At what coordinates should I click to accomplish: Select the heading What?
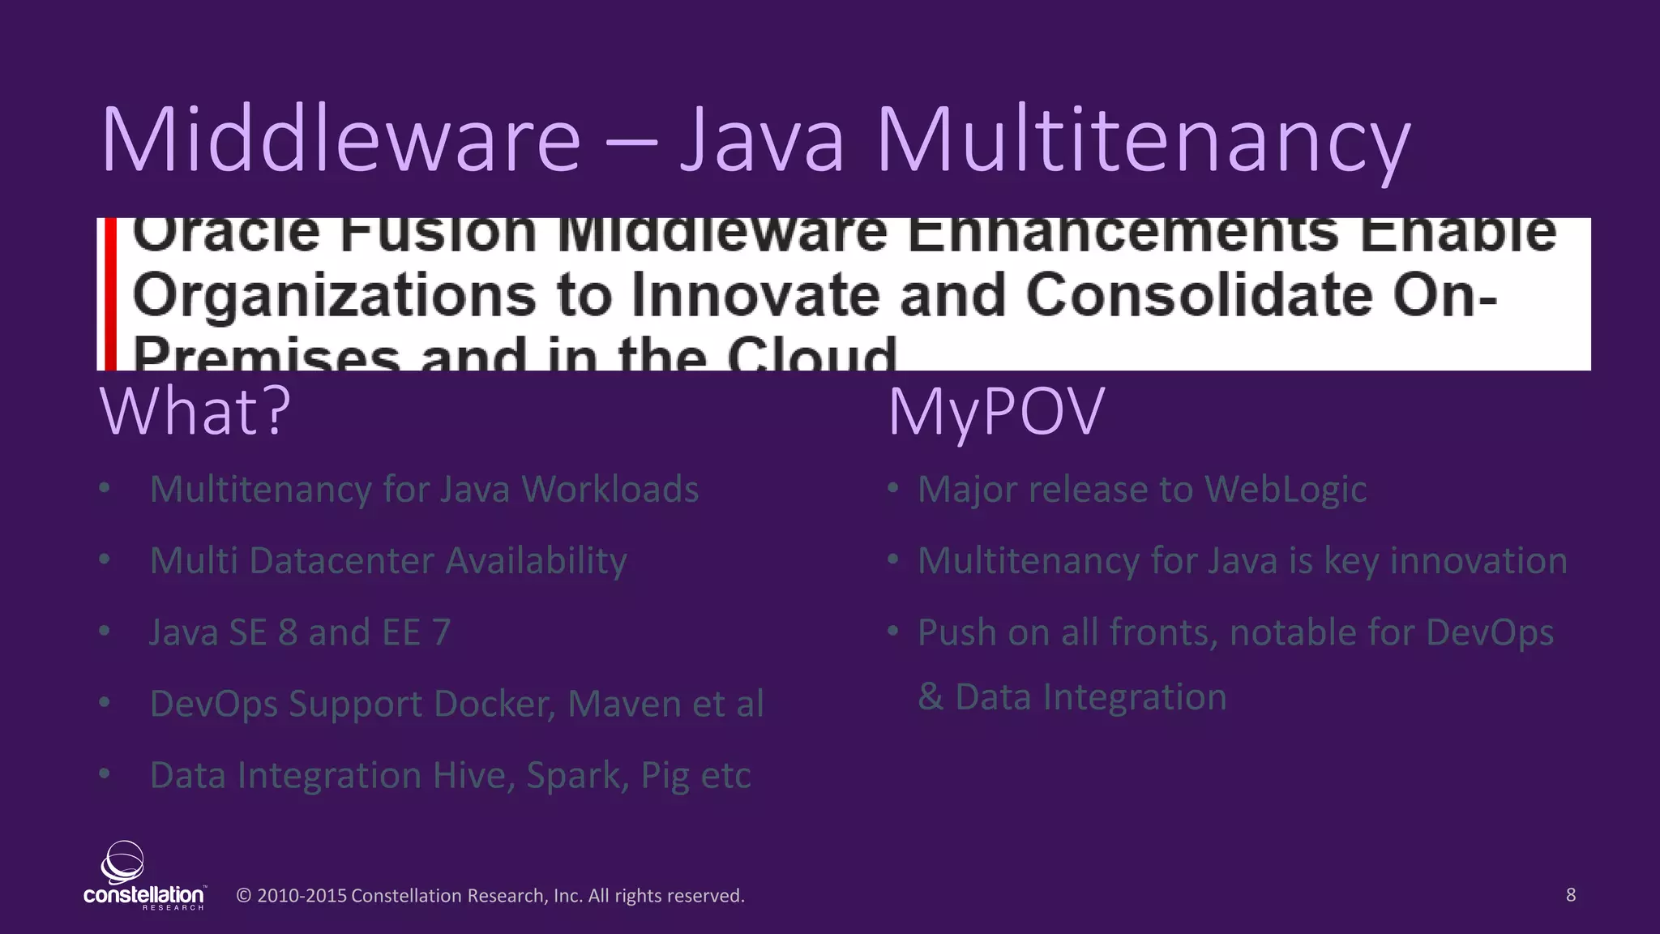pos(195,412)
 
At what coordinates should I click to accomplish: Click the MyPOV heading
pos(996,412)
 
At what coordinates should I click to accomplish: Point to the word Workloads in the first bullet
pos(610,490)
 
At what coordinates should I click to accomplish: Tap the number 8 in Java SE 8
pos(288,632)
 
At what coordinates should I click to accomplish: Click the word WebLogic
pos(1286,490)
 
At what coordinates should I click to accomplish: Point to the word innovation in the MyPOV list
pos(1478,561)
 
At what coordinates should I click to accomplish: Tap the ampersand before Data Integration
pos(931,697)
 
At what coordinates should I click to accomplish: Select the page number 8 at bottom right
pos(1570,895)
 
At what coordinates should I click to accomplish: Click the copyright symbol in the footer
pos(243,896)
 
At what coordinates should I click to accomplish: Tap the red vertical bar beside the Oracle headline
pos(110,293)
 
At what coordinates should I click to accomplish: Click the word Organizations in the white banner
pos(334,295)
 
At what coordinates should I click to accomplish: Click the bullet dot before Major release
pos(892,489)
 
